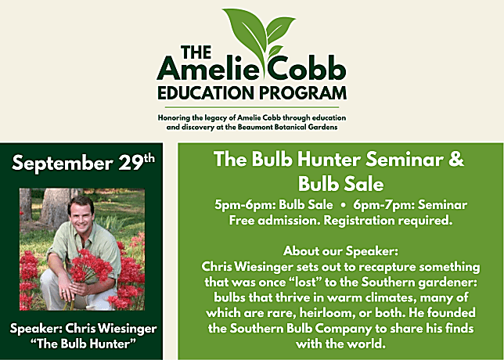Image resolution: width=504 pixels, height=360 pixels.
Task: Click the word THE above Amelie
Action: point(196,52)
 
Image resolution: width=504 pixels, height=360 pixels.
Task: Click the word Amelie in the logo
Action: point(208,70)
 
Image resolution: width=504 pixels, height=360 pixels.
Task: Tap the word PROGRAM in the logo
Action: point(303,92)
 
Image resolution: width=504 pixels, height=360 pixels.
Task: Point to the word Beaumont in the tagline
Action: point(254,127)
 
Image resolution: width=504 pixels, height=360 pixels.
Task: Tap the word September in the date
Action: point(62,164)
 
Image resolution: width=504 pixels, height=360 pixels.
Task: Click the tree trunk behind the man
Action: point(56,205)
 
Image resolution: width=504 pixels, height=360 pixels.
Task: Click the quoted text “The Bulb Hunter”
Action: point(83,344)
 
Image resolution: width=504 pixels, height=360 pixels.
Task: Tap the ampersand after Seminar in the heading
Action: point(456,159)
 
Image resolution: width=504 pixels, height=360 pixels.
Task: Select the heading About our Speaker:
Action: point(340,251)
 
